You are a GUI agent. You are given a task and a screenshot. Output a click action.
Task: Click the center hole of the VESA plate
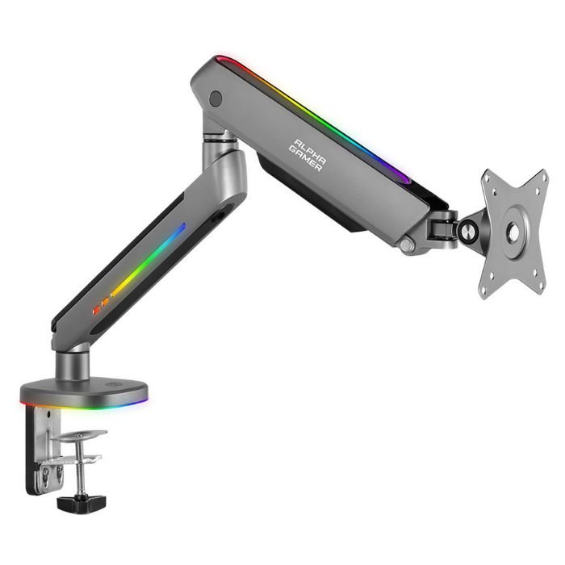(513, 232)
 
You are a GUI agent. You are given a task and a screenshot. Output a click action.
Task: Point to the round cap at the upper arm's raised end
(216, 98)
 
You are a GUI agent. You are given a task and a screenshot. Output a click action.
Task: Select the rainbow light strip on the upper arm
(313, 118)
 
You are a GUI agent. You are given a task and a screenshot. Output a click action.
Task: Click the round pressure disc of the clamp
(79, 436)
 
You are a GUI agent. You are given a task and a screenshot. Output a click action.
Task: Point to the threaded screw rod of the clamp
(81, 468)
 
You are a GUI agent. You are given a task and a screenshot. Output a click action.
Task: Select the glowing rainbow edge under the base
(84, 407)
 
